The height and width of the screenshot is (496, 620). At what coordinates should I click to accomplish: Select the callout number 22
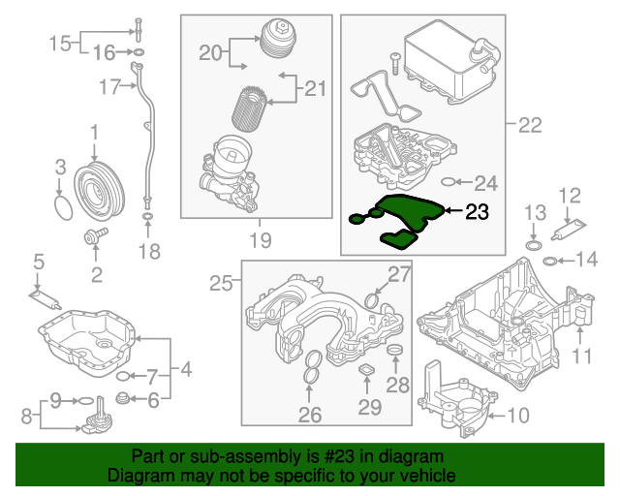tap(529, 125)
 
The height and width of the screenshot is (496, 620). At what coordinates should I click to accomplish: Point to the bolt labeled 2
tap(96, 235)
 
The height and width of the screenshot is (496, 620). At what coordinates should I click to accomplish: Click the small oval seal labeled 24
tap(448, 181)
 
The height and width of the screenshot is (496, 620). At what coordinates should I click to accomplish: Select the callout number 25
tap(223, 284)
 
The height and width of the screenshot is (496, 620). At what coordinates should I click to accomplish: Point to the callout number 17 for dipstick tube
tap(108, 88)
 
